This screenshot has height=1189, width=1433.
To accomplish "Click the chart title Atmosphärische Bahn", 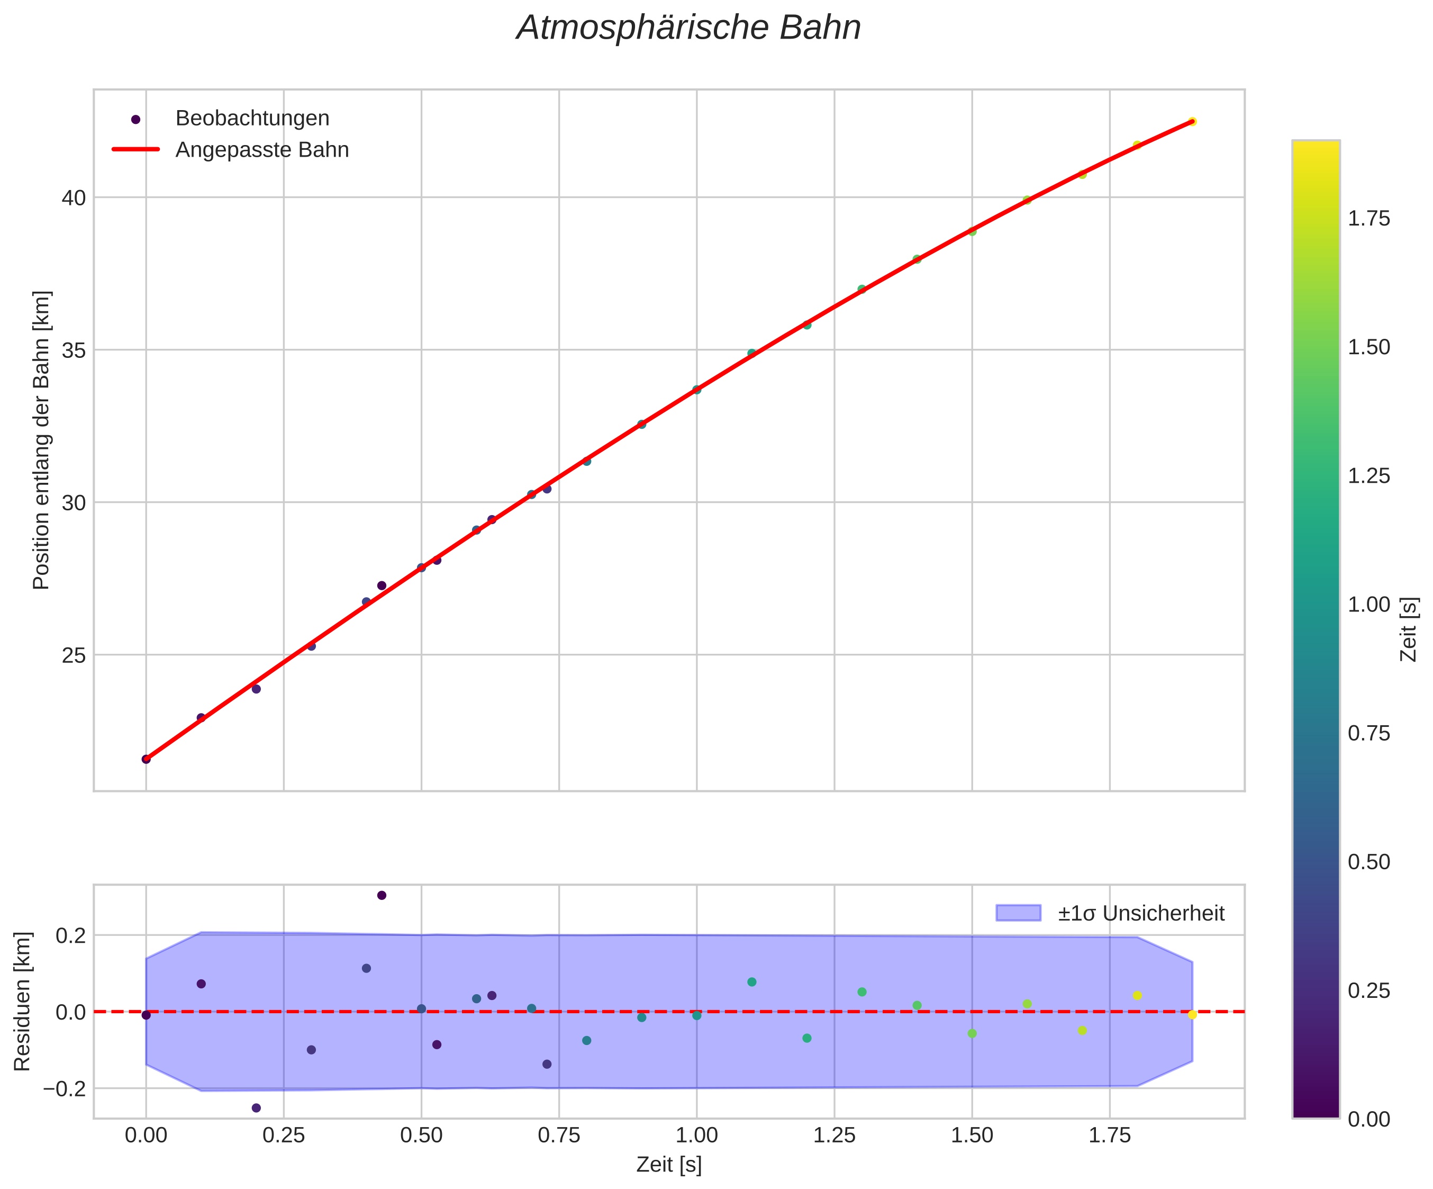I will coord(688,29).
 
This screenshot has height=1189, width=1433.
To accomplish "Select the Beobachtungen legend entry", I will coord(252,119).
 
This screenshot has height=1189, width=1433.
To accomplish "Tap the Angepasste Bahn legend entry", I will coord(262,150).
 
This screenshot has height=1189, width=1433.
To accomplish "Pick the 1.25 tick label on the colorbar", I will coord(1369,476).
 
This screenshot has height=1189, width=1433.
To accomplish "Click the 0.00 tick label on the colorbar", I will coord(1369,1119).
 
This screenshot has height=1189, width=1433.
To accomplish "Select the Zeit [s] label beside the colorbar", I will coord(1409,629).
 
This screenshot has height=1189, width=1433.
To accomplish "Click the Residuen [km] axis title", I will coord(23,1001).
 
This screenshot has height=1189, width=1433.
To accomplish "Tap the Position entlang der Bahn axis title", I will coord(42,440).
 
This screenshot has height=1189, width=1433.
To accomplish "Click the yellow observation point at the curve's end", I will coord(1192,121).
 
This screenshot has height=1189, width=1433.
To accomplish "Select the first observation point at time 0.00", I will coord(146,759).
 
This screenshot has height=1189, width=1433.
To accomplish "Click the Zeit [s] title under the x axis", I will coord(669,1165).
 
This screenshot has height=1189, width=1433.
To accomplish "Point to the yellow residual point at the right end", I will coord(1192,1015).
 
